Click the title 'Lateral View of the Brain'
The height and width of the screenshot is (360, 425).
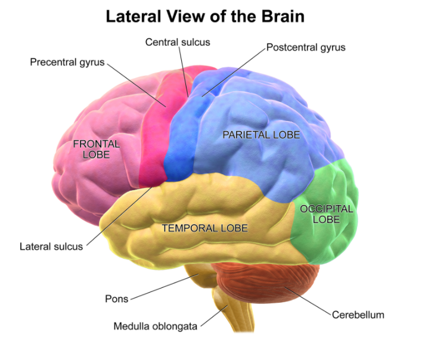(205, 17)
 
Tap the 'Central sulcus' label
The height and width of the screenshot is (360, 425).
(178, 42)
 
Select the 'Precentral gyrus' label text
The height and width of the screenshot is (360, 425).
(67, 61)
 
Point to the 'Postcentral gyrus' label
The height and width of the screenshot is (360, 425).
(306, 47)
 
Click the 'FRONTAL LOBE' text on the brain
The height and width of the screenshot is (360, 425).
(97, 149)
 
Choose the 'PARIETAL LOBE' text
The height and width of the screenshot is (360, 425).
(261, 135)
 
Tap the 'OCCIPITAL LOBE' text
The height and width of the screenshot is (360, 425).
(327, 214)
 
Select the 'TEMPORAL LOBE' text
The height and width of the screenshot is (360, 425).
(204, 228)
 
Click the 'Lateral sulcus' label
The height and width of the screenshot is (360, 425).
(51, 246)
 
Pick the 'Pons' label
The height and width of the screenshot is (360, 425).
(116, 299)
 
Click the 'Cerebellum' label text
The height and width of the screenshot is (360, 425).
(358, 314)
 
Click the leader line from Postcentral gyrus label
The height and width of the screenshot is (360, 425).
(232, 72)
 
